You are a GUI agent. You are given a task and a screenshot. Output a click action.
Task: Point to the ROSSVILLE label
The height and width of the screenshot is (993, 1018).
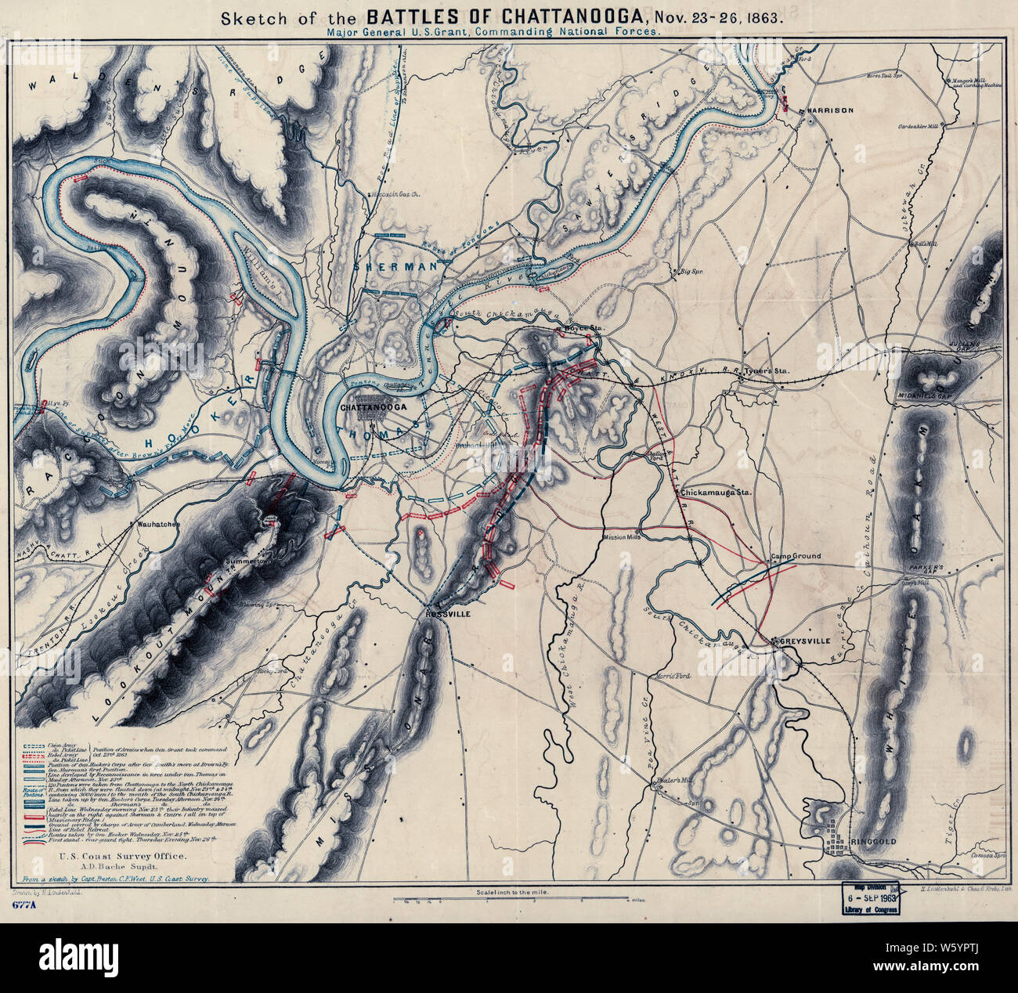point(448,615)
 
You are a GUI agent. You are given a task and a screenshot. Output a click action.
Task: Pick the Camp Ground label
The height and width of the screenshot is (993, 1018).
point(796,556)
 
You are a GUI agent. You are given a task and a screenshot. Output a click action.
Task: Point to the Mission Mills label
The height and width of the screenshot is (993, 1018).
point(623,538)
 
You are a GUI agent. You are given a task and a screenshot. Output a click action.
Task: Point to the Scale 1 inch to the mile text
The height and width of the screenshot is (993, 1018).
point(510,892)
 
